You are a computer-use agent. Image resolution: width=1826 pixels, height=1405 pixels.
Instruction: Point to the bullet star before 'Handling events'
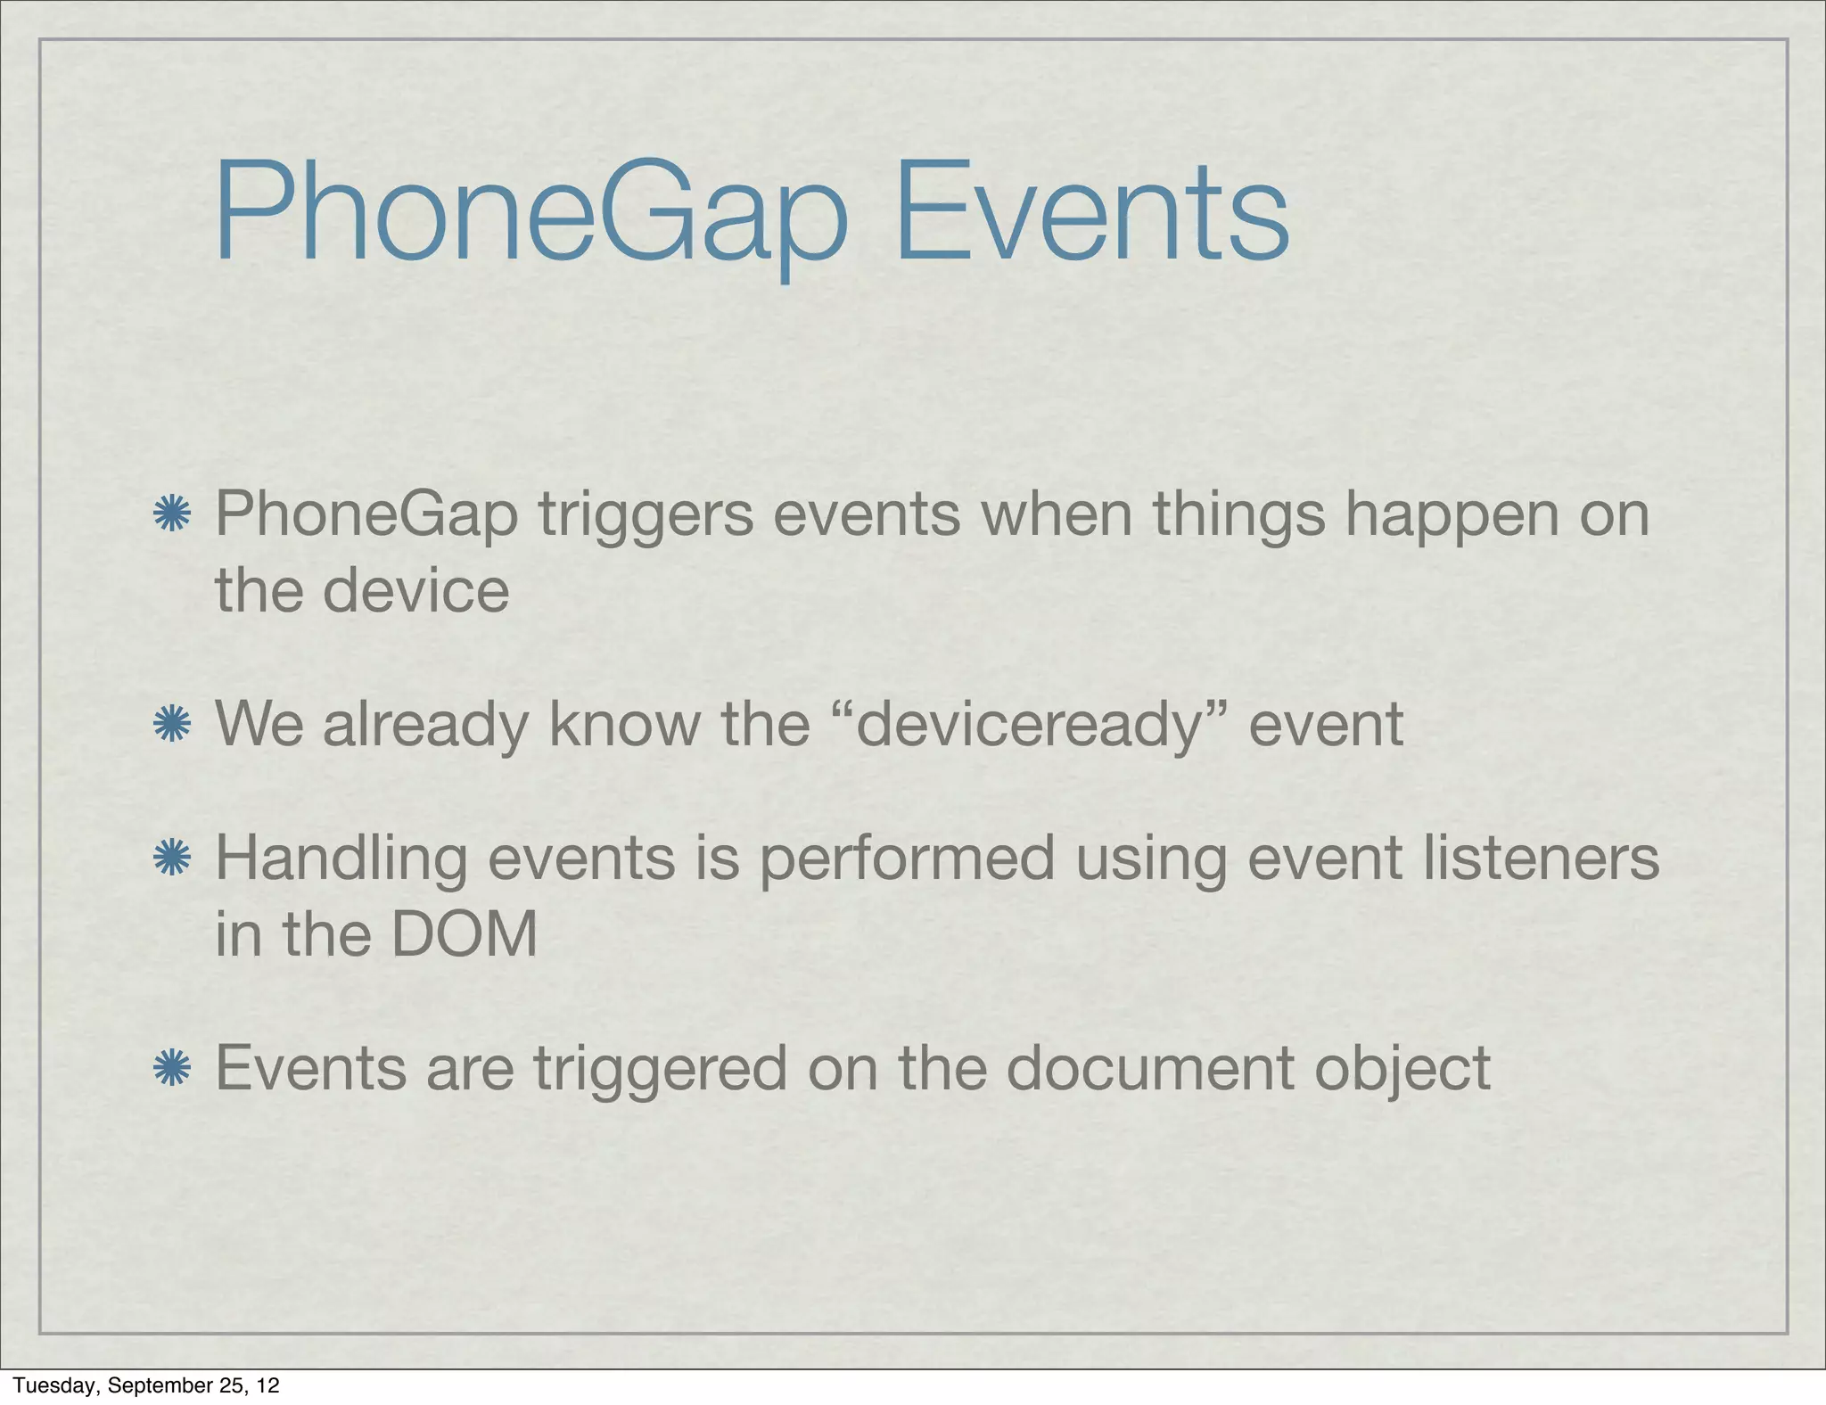pos(171,858)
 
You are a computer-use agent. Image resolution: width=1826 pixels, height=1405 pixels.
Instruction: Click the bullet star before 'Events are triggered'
pos(171,1067)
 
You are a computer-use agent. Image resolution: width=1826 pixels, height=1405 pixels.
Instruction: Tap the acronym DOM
pos(464,934)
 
